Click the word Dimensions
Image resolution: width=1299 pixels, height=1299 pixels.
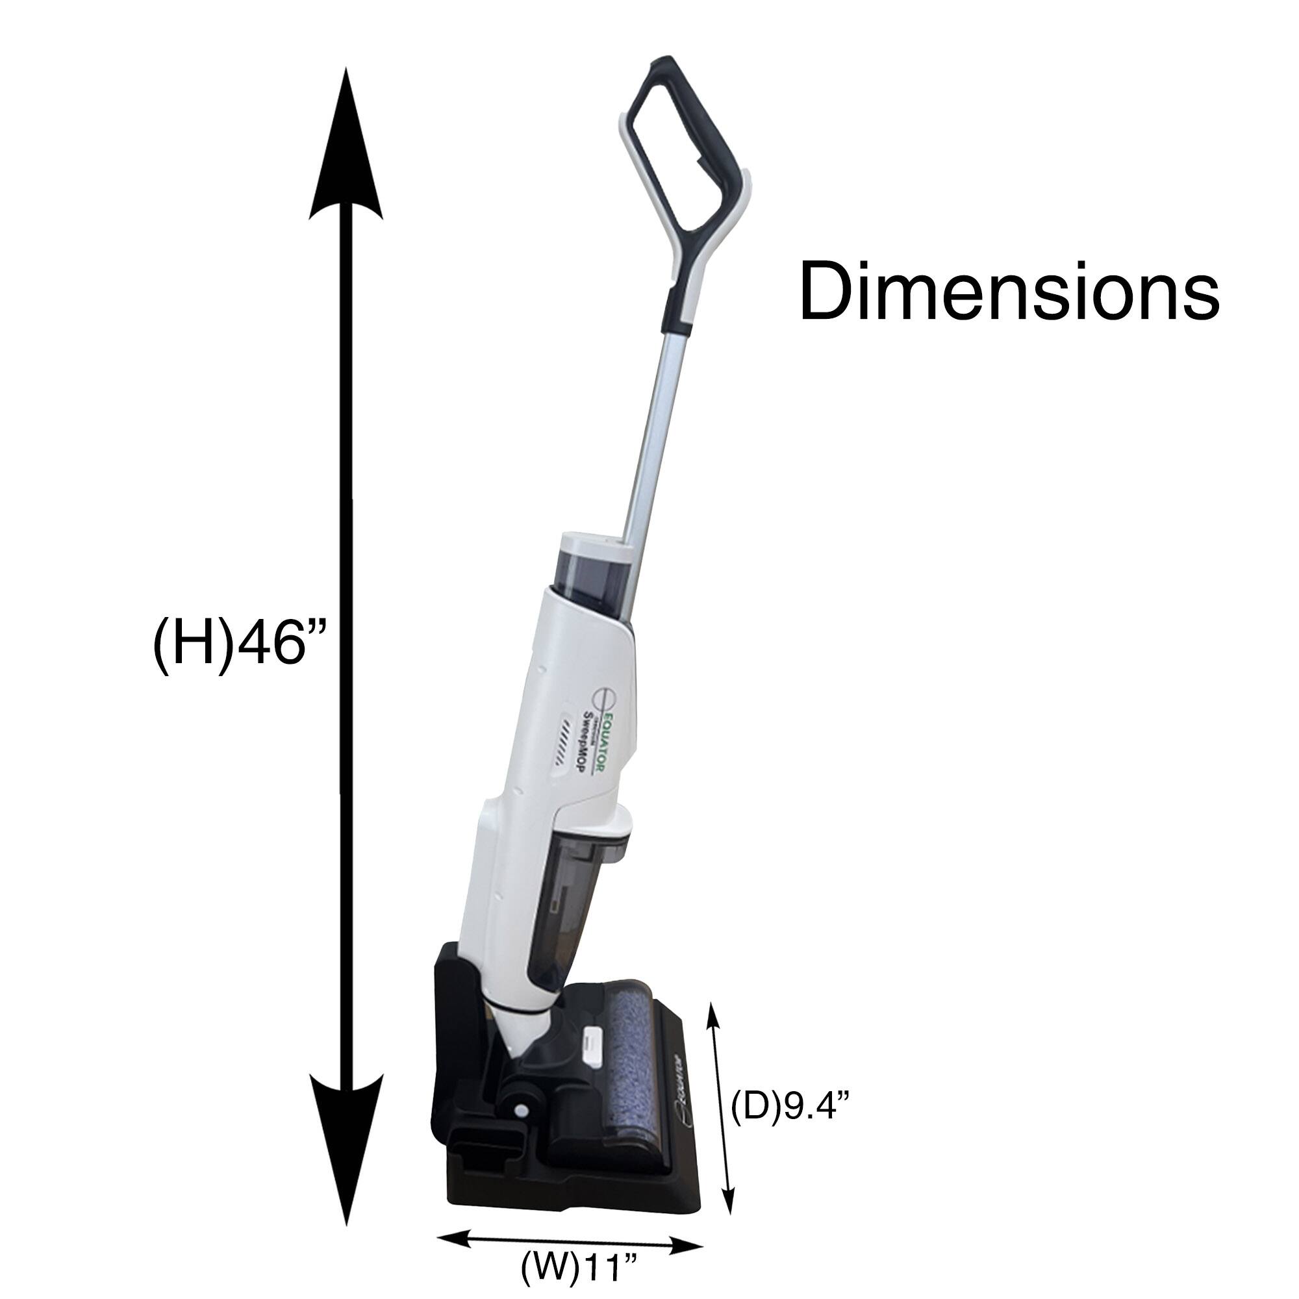(x=1009, y=293)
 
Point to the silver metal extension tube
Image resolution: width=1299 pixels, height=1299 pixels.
(x=655, y=437)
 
